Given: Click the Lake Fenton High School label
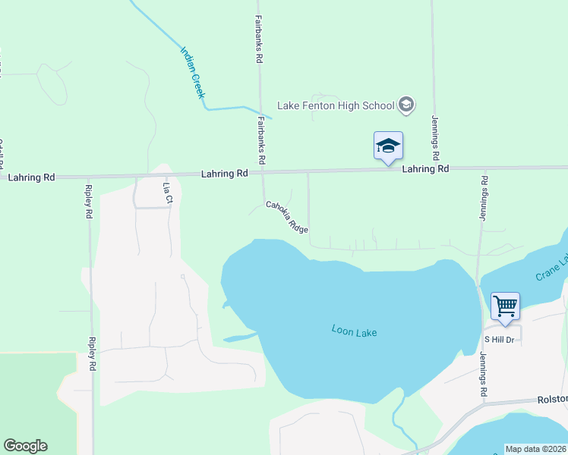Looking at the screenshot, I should [335, 105].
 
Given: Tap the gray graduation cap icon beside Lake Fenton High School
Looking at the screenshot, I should [406, 105].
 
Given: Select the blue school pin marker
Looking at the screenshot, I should [388, 146].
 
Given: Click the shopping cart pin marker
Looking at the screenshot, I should [505, 306].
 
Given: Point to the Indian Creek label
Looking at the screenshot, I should [193, 72].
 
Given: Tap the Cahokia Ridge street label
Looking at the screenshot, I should [286, 216].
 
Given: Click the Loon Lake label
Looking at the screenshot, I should [354, 331].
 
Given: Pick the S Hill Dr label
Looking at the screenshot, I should [500, 339].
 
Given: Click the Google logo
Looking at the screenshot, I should [25, 446].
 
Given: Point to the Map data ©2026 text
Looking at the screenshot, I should [535, 449].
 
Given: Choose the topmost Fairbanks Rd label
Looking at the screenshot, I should [259, 39].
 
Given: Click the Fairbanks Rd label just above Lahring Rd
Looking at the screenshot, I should [261, 141].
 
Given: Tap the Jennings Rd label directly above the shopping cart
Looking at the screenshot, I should [483, 198].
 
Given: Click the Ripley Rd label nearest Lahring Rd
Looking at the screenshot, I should [89, 201].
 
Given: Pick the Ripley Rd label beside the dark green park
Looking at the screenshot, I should [92, 354].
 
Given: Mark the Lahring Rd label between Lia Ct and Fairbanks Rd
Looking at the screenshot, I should [225, 174].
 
